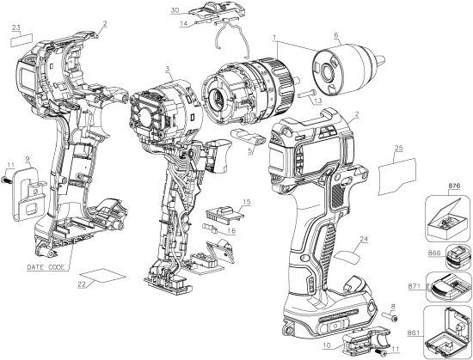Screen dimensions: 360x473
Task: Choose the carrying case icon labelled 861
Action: (447, 333)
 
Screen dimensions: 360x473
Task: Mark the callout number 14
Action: (184, 25)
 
